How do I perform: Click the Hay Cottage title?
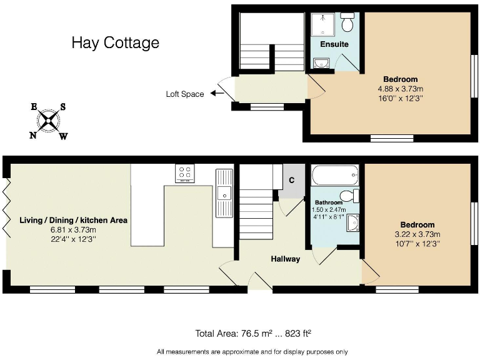tap(115, 42)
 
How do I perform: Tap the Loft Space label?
tap(184, 94)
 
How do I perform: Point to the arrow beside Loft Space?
tap(217, 94)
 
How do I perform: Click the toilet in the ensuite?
tap(348, 24)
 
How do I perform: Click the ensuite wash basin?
tap(321, 62)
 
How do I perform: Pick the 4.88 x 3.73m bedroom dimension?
tap(401, 89)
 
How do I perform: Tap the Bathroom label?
tap(328, 202)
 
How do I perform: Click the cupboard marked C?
tap(291, 181)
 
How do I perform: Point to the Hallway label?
tap(285, 259)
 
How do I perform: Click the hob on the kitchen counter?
tap(185, 172)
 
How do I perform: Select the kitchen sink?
tap(224, 185)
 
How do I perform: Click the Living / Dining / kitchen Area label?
tap(74, 220)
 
